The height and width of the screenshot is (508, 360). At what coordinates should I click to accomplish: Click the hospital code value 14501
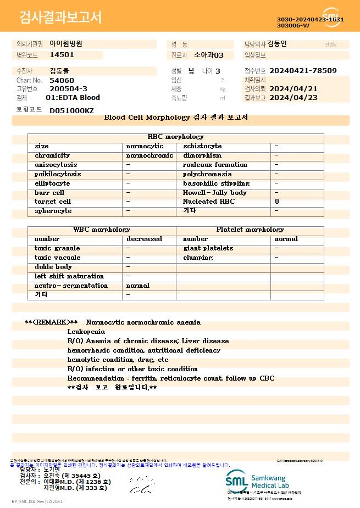(62, 55)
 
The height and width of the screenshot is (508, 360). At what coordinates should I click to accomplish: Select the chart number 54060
(62, 80)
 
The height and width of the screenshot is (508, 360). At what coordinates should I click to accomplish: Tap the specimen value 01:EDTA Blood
(73, 98)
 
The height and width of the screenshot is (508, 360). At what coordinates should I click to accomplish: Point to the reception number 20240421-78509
(303, 71)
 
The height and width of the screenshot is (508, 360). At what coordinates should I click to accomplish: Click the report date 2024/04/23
(301, 98)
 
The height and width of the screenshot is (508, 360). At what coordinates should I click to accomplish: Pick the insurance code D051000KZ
(71, 110)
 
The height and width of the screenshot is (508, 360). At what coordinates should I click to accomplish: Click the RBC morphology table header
(176, 137)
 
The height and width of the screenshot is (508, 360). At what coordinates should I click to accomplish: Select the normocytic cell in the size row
(145, 146)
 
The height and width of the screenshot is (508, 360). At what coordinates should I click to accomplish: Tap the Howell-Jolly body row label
(215, 193)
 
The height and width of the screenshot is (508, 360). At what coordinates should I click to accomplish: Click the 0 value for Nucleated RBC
(276, 202)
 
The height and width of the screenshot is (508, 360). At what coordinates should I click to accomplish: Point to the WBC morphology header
(102, 230)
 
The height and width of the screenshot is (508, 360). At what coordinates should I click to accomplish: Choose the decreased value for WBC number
(144, 239)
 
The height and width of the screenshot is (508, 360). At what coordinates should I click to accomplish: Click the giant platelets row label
(208, 248)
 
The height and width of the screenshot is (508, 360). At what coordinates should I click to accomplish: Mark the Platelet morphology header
(250, 230)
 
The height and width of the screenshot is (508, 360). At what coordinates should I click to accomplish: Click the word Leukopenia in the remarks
(86, 332)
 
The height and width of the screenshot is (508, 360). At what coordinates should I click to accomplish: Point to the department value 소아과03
(209, 55)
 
